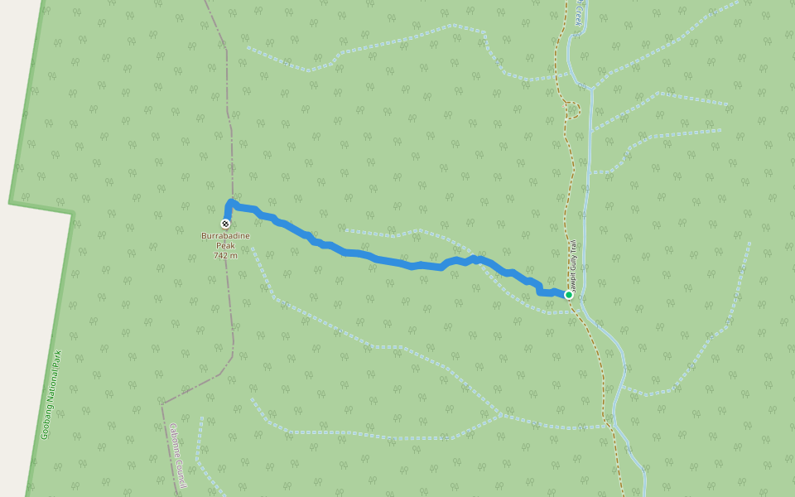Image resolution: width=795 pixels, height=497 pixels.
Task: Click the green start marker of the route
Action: pyautogui.click(x=569, y=295)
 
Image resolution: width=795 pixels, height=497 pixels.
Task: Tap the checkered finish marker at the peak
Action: pyautogui.click(x=226, y=224)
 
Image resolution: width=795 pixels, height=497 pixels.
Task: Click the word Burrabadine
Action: pyautogui.click(x=225, y=236)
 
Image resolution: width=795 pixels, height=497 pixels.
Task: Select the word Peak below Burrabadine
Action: pyautogui.click(x=225, y=245)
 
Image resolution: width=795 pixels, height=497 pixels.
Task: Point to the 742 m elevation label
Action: pyautogui.click(x=225, y=255)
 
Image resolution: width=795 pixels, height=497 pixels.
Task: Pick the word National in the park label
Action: pyautogui.click(x=54, y=382)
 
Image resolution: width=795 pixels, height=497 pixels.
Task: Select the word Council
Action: pyautogui.click(x=180, y=473)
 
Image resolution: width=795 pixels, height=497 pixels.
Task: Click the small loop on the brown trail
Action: pyautogui.click(x=574, y=109)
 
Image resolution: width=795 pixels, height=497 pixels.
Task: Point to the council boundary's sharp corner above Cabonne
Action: pyautogui.click(x=163, y=403)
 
